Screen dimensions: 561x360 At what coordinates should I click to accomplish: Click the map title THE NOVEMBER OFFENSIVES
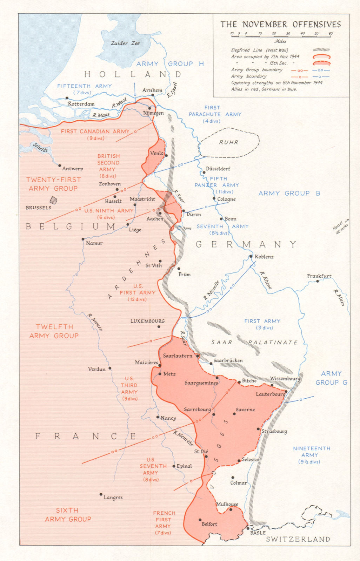(280, 24)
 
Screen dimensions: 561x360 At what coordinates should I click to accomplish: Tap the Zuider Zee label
(125, 43)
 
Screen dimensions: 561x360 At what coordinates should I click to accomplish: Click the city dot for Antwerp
(60, 165)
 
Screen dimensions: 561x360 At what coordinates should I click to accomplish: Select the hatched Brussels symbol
(53, 200)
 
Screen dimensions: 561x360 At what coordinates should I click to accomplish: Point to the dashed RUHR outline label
(229, 142)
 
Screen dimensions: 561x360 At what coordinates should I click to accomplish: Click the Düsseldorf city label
(218, 169)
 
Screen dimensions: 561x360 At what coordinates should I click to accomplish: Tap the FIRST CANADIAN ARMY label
(95, 131)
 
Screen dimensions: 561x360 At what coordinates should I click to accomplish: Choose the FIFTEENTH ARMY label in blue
(85, 86)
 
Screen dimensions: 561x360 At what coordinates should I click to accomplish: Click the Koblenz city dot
(251, 256)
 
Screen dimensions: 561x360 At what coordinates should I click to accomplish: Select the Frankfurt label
(319, 276)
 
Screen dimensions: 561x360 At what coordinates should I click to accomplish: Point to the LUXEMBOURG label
(147, 321)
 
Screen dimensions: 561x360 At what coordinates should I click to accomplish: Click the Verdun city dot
(110, 368)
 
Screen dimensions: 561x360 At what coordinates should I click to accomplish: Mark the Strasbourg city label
(274, 431)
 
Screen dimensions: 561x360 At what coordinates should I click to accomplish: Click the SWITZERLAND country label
(298, 539)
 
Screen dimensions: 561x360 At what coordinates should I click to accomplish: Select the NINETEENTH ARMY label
(311, 452)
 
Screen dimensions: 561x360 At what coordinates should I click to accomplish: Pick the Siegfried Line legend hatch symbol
(321, 50)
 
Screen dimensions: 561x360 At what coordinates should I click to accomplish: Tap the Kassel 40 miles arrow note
(341, 227)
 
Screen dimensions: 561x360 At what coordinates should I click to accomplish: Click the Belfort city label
(209, 524)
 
